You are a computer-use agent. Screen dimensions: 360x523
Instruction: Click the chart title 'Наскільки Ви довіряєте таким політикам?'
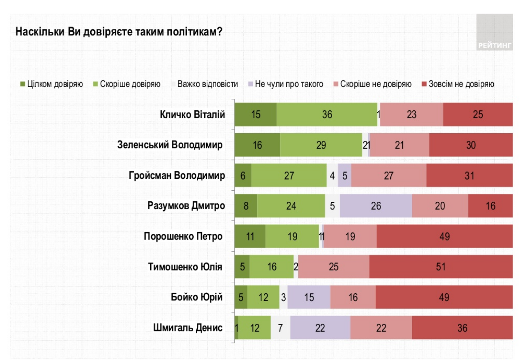tap(119, 32)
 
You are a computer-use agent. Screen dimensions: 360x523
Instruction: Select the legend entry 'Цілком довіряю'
tap(51, 84)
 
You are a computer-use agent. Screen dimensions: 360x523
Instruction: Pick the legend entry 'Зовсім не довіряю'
tap(458, 84)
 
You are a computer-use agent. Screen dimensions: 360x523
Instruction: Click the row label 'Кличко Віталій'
tap(192, 115)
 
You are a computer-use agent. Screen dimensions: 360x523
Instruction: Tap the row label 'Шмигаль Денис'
tap(188, 328)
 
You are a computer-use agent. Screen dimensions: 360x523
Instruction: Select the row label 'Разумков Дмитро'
tap(186, 206)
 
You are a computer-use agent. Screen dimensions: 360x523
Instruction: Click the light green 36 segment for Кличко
tap(327, 115)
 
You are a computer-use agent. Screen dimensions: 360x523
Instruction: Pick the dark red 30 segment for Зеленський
tap(471, 145)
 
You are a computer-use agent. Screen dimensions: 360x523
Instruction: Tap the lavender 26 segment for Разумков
tap(376, 206)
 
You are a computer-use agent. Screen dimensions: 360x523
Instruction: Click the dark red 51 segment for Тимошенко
tap(441, 267)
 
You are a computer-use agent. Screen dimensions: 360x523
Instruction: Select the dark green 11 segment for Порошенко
tap(250, 236)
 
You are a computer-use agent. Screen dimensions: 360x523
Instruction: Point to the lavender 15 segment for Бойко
tap(309, 297)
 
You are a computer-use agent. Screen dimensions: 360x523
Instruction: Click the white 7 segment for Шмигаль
tap(280, 328)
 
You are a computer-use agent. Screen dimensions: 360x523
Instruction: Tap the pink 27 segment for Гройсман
tap(389, 175)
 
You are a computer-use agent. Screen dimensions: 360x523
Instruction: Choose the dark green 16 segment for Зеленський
tap(257, 145)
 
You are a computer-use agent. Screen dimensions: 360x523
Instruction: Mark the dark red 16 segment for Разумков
tap(490, 206)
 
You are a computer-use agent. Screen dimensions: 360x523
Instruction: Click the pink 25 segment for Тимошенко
tap(334, 267)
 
